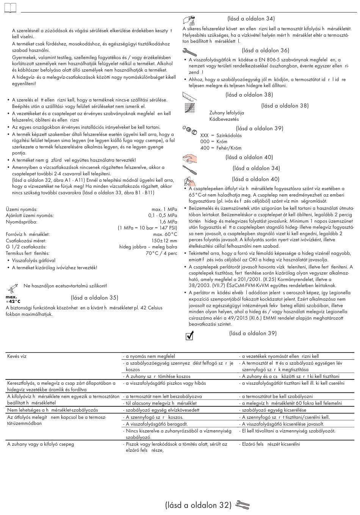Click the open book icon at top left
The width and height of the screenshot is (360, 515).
click(11, 8)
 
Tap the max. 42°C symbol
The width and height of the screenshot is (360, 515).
click(13, 299)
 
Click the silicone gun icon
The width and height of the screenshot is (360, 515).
click(13, 286)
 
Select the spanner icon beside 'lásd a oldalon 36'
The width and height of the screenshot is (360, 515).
click(189, 51)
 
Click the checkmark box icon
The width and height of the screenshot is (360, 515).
click(190, 335)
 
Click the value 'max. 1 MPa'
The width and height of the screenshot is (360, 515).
click(164, 209)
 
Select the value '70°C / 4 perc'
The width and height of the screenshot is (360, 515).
click(161, 253)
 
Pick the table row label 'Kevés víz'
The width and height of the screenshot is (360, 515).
click(17, 356)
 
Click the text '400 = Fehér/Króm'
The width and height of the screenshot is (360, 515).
click(221, 148)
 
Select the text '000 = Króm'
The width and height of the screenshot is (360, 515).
click(214, 142)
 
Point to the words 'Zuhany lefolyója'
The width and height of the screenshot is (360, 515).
click(227, 113)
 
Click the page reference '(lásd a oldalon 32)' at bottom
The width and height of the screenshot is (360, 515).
click(198, 505)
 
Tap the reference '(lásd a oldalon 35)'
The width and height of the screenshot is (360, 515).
click(94, 298)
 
